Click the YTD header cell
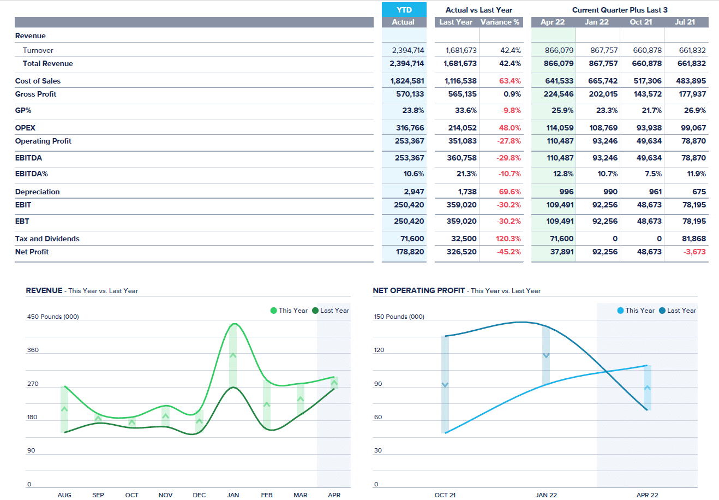(404, 10)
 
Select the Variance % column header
(500, 22)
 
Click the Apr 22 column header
(553, 22)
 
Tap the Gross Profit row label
(36, 94)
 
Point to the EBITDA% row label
(32, 174)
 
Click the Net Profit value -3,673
(694, 252)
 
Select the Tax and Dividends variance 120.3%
(508, 239)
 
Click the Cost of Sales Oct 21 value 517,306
(648, 81)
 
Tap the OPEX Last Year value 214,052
(462, 128)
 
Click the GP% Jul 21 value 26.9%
(694, 110)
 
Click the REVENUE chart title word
(44, 290)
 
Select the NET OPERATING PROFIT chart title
(418, 290)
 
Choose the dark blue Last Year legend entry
(678, 311)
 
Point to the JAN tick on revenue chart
(233, 495)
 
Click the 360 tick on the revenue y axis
(33, 350)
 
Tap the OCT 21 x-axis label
(445, 495)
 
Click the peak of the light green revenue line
(234, 324)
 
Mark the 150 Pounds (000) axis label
(399, 317)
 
